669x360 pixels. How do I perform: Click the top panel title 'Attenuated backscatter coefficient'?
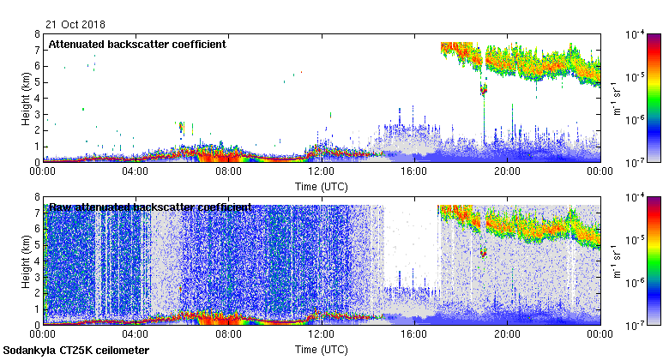136,44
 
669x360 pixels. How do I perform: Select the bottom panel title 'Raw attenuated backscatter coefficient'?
150,207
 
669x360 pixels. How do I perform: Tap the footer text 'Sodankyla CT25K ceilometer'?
76,351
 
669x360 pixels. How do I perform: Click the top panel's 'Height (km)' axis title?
27,99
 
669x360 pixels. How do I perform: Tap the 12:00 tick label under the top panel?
321,171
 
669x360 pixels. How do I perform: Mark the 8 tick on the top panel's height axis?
36,35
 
